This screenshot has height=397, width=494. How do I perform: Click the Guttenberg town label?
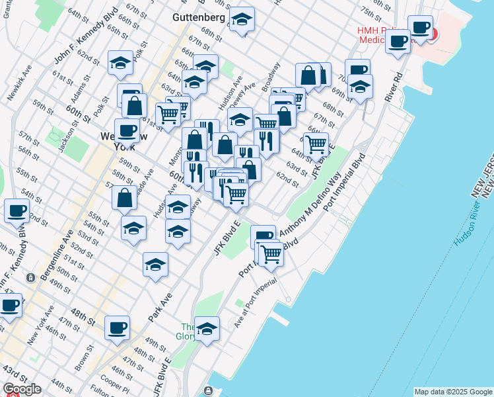(x=198, y=17)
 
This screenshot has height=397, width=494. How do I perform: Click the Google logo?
(x=21, y=389)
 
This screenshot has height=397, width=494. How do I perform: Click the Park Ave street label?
(x=159, y=308)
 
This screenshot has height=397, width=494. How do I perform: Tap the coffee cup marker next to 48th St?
(x=117, y=327)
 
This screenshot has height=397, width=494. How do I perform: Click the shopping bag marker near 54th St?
(x=124, y=197)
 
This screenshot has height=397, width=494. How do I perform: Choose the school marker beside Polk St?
(x=121, y=62)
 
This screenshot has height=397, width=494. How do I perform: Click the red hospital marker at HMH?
(x=433, y=33)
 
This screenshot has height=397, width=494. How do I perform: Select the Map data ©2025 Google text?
(x=453, y=392)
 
